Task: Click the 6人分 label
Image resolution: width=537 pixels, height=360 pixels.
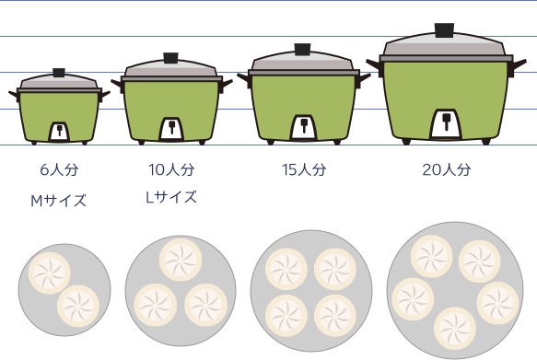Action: [59, 169]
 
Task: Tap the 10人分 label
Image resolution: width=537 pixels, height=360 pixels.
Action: [171, 169]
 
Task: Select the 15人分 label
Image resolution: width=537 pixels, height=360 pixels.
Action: [304, 169]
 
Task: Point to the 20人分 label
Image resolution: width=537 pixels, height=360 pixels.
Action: [447, 169]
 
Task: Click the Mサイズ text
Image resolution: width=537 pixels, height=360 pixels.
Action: [58, 201]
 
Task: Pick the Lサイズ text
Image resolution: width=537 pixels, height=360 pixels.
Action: [171, 197]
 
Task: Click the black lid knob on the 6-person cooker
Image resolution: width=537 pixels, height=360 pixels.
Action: [59, 73]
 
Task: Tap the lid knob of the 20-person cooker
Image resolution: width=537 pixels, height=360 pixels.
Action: [445, 30]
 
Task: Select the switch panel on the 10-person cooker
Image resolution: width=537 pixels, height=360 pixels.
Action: [171, 129]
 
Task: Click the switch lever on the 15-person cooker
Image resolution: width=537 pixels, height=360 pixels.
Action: [304, 124]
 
